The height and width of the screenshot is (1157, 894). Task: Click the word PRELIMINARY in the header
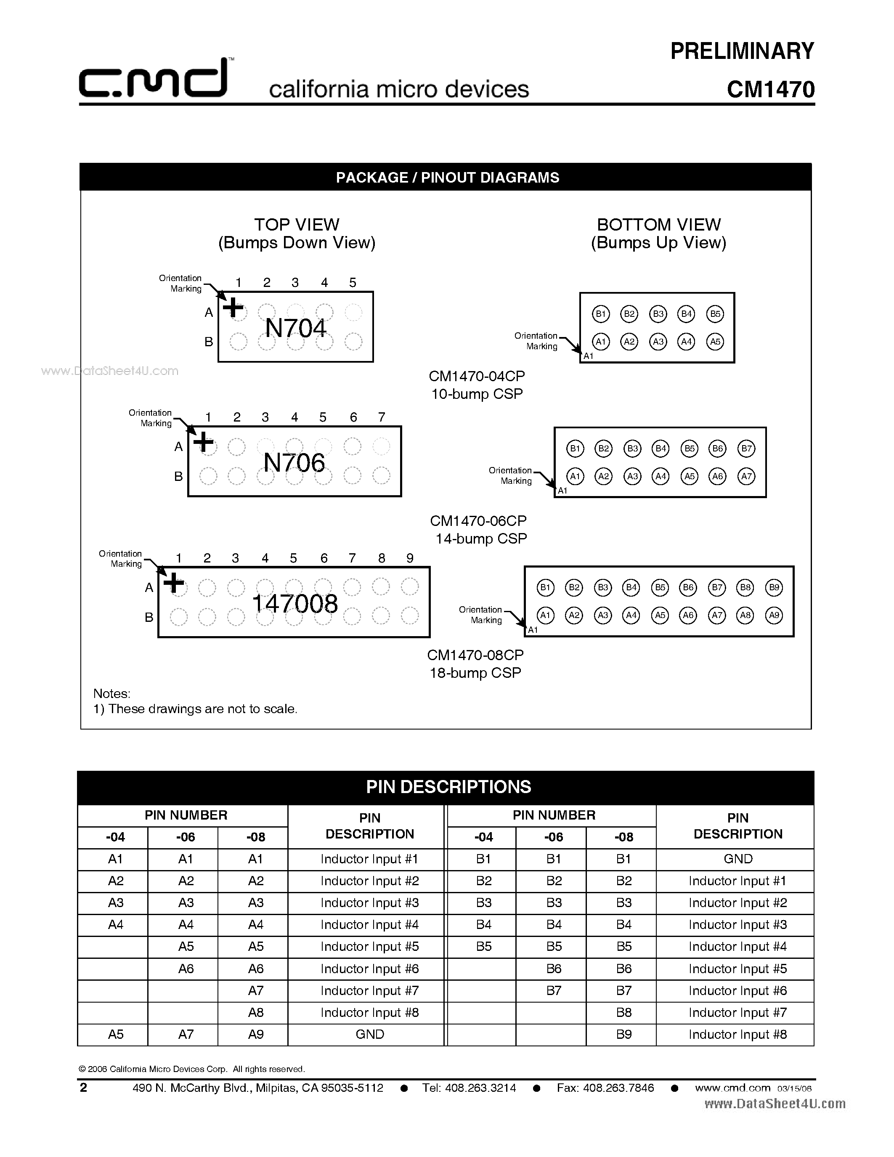pos(742,51)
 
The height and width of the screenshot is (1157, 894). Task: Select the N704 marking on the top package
pos(295,328)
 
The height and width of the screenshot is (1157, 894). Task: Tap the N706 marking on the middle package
pos(294,462)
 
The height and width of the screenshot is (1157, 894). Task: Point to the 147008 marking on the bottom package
pos(294,603)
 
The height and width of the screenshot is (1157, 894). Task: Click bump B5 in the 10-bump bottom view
pos(715,313)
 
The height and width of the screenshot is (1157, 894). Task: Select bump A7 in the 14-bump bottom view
pos(746,476)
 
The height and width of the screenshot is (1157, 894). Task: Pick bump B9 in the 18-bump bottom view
pos(774,587)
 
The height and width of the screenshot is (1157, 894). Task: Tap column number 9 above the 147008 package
pos(409,558)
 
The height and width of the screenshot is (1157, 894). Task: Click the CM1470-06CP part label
pos(478,521)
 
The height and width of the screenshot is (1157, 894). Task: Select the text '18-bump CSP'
pos(475,673)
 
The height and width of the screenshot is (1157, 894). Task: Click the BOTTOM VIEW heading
pos(658,225)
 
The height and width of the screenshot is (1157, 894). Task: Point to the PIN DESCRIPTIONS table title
pos(448,787)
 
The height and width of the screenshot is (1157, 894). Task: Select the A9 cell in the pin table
pos(256,1034)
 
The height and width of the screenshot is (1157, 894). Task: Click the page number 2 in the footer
pos(83,1088)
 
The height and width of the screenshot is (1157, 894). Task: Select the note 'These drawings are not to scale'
pos(196,709)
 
